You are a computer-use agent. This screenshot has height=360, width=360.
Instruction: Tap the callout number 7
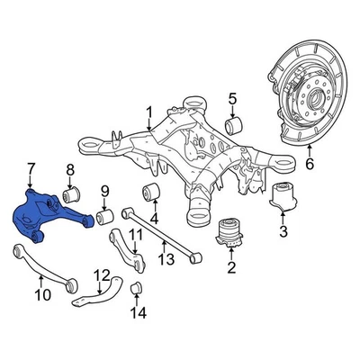(x=31, y=168)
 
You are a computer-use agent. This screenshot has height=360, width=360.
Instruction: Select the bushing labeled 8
(x=71, y=194)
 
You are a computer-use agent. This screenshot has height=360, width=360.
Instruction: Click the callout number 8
(x=70, y=170)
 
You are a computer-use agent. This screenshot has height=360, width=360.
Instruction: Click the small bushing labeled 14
(x=137, y=288)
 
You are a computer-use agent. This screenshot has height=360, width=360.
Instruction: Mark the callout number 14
(x=137, y=314)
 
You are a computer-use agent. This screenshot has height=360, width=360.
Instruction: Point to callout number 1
(x=148, y=112)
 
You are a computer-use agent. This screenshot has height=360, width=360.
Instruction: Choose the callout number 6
(x=310, y=164)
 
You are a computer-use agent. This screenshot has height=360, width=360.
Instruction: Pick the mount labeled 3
(x=284, y=202)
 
